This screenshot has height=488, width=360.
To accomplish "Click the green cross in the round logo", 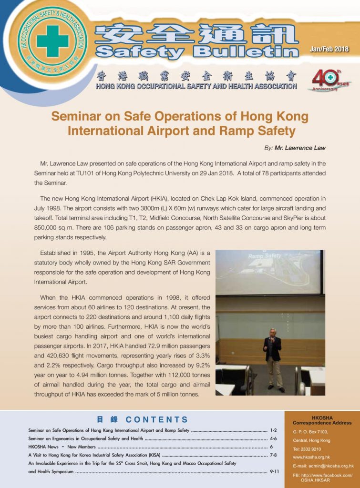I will pyautogui.click(x=52, y=41).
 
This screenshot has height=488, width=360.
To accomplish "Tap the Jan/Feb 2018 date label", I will pyautogui.click(x=329, y=49).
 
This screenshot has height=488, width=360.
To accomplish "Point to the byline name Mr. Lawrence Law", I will pyautogui.click(x=300, y=148).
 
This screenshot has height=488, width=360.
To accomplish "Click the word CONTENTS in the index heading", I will pyautogui.click(x=157, y=420).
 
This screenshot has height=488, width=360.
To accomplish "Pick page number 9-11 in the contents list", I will pyautogui.click(x=274, y=471).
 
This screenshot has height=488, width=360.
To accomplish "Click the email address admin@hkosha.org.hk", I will pyautogui.click(x=329, y=466).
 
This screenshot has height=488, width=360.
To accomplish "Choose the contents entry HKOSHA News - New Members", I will pyautogui.click(x=62, y=447).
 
